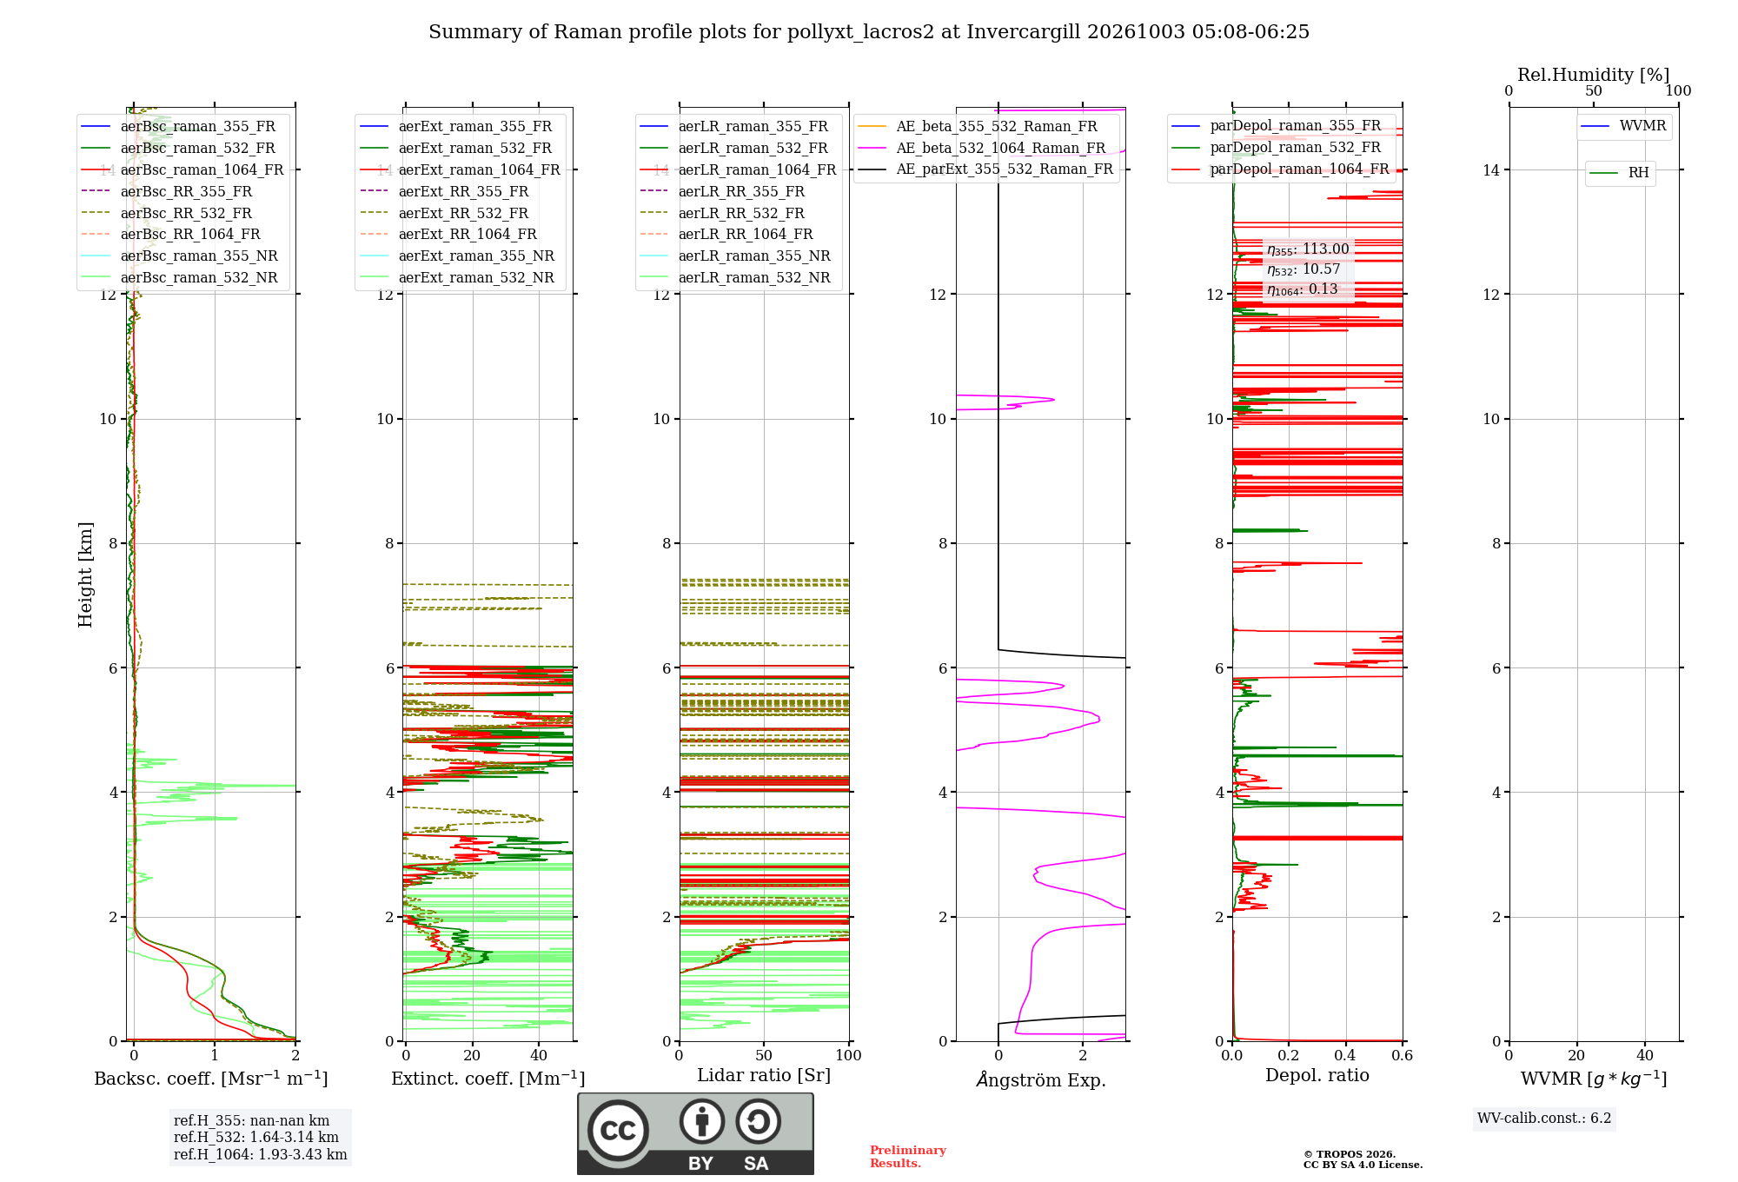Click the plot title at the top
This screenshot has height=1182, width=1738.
coord(869,32)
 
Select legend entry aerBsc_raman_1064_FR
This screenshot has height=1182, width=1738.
coord(202,169)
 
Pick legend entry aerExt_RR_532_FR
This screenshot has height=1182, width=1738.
coord(463,213)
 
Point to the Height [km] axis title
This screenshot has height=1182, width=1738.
coord(85,574)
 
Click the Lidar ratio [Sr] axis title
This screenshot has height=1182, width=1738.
coord(764,1075)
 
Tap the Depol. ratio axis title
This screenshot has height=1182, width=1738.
coord(1317,1075)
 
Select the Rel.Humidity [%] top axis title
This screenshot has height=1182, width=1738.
coord(1593,75)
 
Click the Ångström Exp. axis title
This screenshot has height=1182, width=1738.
coord(1040,1079)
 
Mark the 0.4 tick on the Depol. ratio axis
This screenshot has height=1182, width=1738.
coord(1345,1055)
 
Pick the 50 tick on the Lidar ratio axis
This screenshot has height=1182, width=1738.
coord(764,1055)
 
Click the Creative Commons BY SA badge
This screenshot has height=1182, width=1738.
coord(695,1133)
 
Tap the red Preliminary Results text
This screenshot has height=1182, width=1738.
coord(908,1157)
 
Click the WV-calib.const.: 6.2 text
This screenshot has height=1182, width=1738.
coord(1544,1118)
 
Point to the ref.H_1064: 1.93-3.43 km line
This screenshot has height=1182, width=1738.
coord(261,1154)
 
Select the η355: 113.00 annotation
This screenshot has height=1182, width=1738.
coord(1308,249)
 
